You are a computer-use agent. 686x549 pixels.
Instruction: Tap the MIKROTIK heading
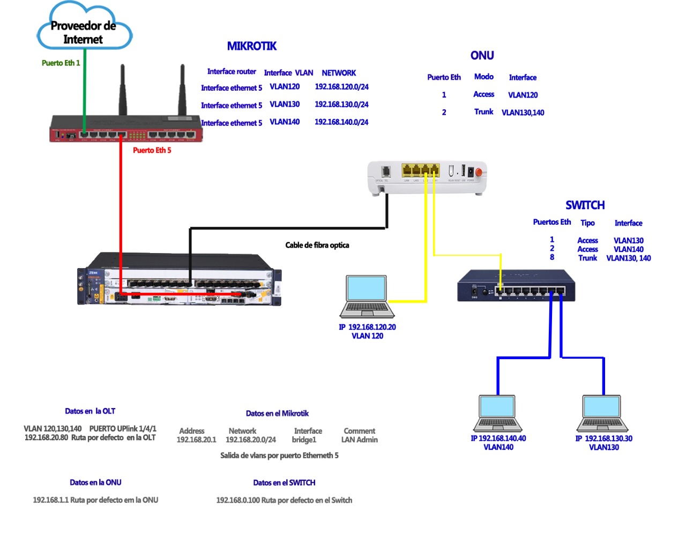point(251,46)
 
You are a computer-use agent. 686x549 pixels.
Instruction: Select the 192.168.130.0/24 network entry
point(341,105)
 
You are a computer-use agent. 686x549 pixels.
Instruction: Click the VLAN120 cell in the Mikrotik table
point(285,87)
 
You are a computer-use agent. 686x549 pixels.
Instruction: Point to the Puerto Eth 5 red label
point(152,151)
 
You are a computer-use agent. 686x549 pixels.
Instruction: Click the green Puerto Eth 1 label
point(61,63)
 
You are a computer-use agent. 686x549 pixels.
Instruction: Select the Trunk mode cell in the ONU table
point(483,112)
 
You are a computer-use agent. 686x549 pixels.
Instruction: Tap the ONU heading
point(482,56)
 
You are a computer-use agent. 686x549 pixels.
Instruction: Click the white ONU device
point(427,177)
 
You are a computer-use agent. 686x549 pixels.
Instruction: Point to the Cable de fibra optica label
point(317,246)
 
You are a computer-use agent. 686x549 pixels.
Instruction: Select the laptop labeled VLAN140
point(498,413)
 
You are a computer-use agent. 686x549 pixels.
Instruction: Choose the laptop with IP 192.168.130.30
point(602,413)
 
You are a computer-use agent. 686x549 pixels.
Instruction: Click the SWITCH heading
point(585,205)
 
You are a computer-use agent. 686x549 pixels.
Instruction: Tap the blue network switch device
point(516,286)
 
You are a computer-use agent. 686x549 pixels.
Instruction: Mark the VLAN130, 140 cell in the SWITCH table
point(628,258)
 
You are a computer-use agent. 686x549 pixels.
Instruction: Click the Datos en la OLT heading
point(90,411)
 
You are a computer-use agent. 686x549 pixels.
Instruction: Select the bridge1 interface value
point(304,440)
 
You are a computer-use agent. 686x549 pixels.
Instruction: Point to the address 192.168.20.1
point(196,440)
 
